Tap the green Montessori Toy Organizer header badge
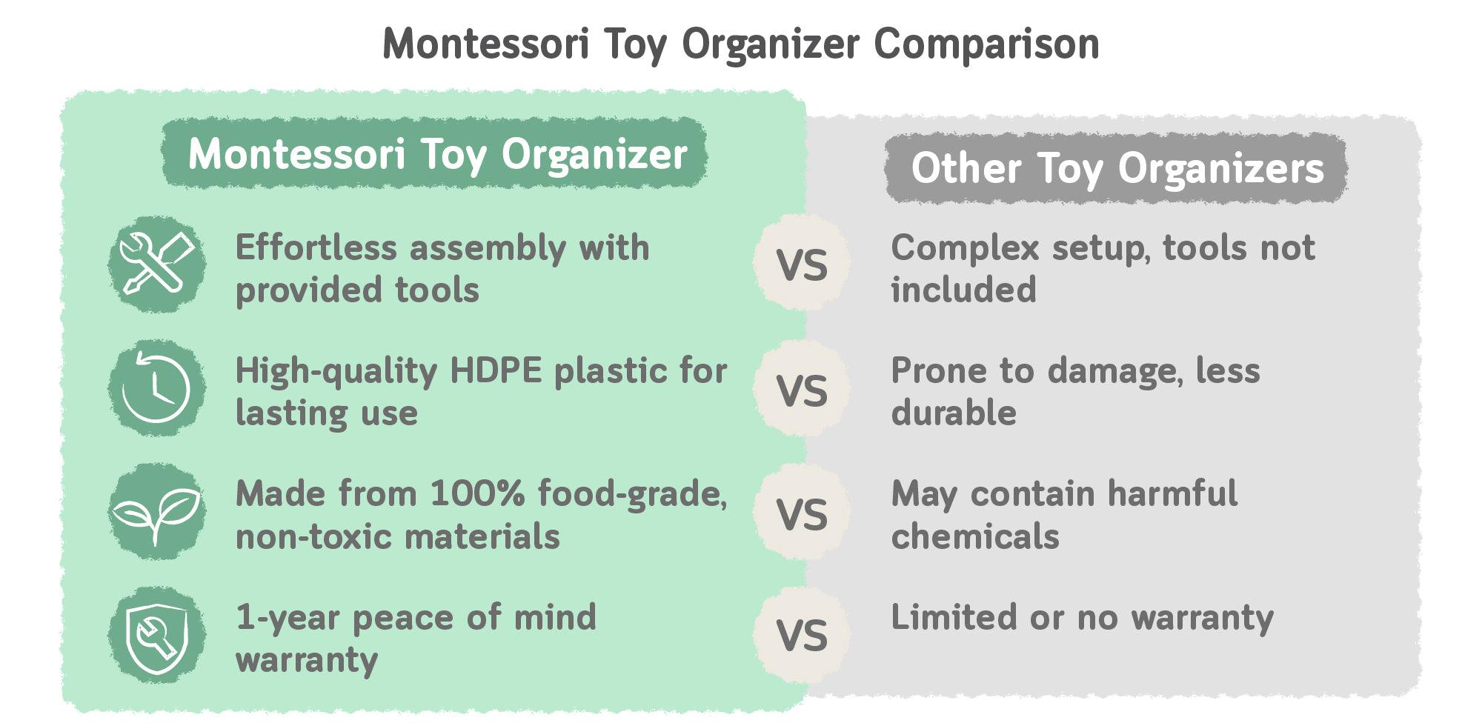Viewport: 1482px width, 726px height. [435, 153]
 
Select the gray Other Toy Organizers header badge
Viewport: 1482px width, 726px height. [1116, 167]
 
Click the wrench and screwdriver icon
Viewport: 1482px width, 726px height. [156, 264]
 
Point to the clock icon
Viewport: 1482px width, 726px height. [156, 388]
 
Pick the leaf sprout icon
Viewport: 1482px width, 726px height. [156, 512]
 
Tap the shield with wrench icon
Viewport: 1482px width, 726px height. [156, 636]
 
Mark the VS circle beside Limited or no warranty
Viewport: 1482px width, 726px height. [802, 635]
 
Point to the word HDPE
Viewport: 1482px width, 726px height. [496, 370]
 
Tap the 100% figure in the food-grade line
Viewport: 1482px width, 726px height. [478, 493]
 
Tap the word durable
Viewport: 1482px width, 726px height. [954, 413]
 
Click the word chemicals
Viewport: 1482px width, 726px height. [975, 536]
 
